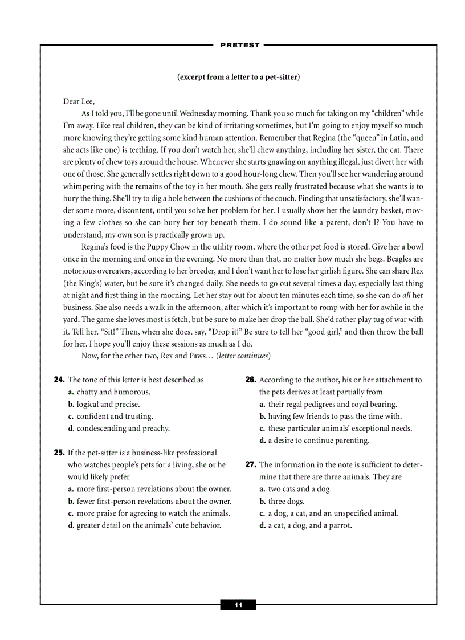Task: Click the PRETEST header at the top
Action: (x=239, y=45)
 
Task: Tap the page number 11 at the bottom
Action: (x=238, y=605)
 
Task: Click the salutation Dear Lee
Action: (x=79, y=101)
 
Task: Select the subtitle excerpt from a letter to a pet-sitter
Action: (x=238, y=77)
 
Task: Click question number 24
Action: (x=59, y=380)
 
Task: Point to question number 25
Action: (x=59, y=453)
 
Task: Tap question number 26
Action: (x=251, y=380)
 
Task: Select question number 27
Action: (x=251, y=464)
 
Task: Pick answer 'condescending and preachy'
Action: (x=123, y=428)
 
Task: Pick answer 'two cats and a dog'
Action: (x=299, y=489)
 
